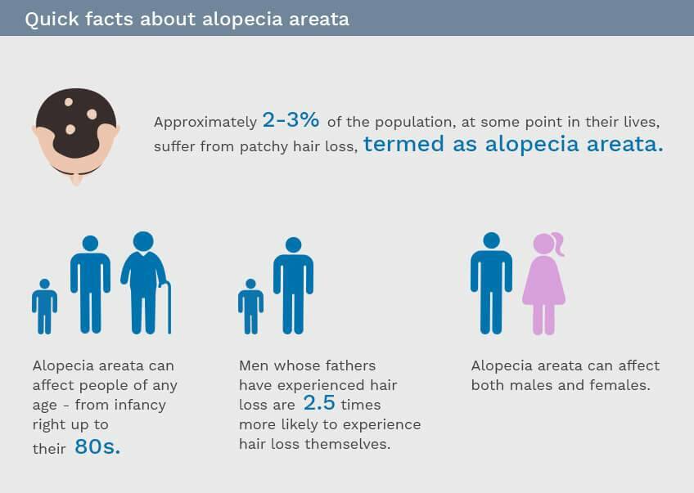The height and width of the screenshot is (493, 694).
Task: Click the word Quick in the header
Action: point(52,20)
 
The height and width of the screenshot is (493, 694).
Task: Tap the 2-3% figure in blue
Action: point(291,120)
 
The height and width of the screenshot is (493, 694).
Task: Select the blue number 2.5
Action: point(319,402)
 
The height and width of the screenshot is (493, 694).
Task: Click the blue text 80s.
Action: point(97,446)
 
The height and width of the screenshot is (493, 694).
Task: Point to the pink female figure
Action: point(544,284)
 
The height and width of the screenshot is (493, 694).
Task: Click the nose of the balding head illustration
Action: point(76,179)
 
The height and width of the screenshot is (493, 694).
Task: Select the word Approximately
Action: point(205,122)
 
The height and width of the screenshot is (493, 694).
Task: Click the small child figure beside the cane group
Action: point(44,307)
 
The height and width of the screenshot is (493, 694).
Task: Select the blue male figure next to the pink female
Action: point(491,284)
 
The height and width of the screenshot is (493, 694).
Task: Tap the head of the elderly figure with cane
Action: point(143,241)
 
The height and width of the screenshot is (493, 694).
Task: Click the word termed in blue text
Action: point(403,144)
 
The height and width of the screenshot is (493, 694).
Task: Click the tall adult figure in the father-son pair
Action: point(294,285)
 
